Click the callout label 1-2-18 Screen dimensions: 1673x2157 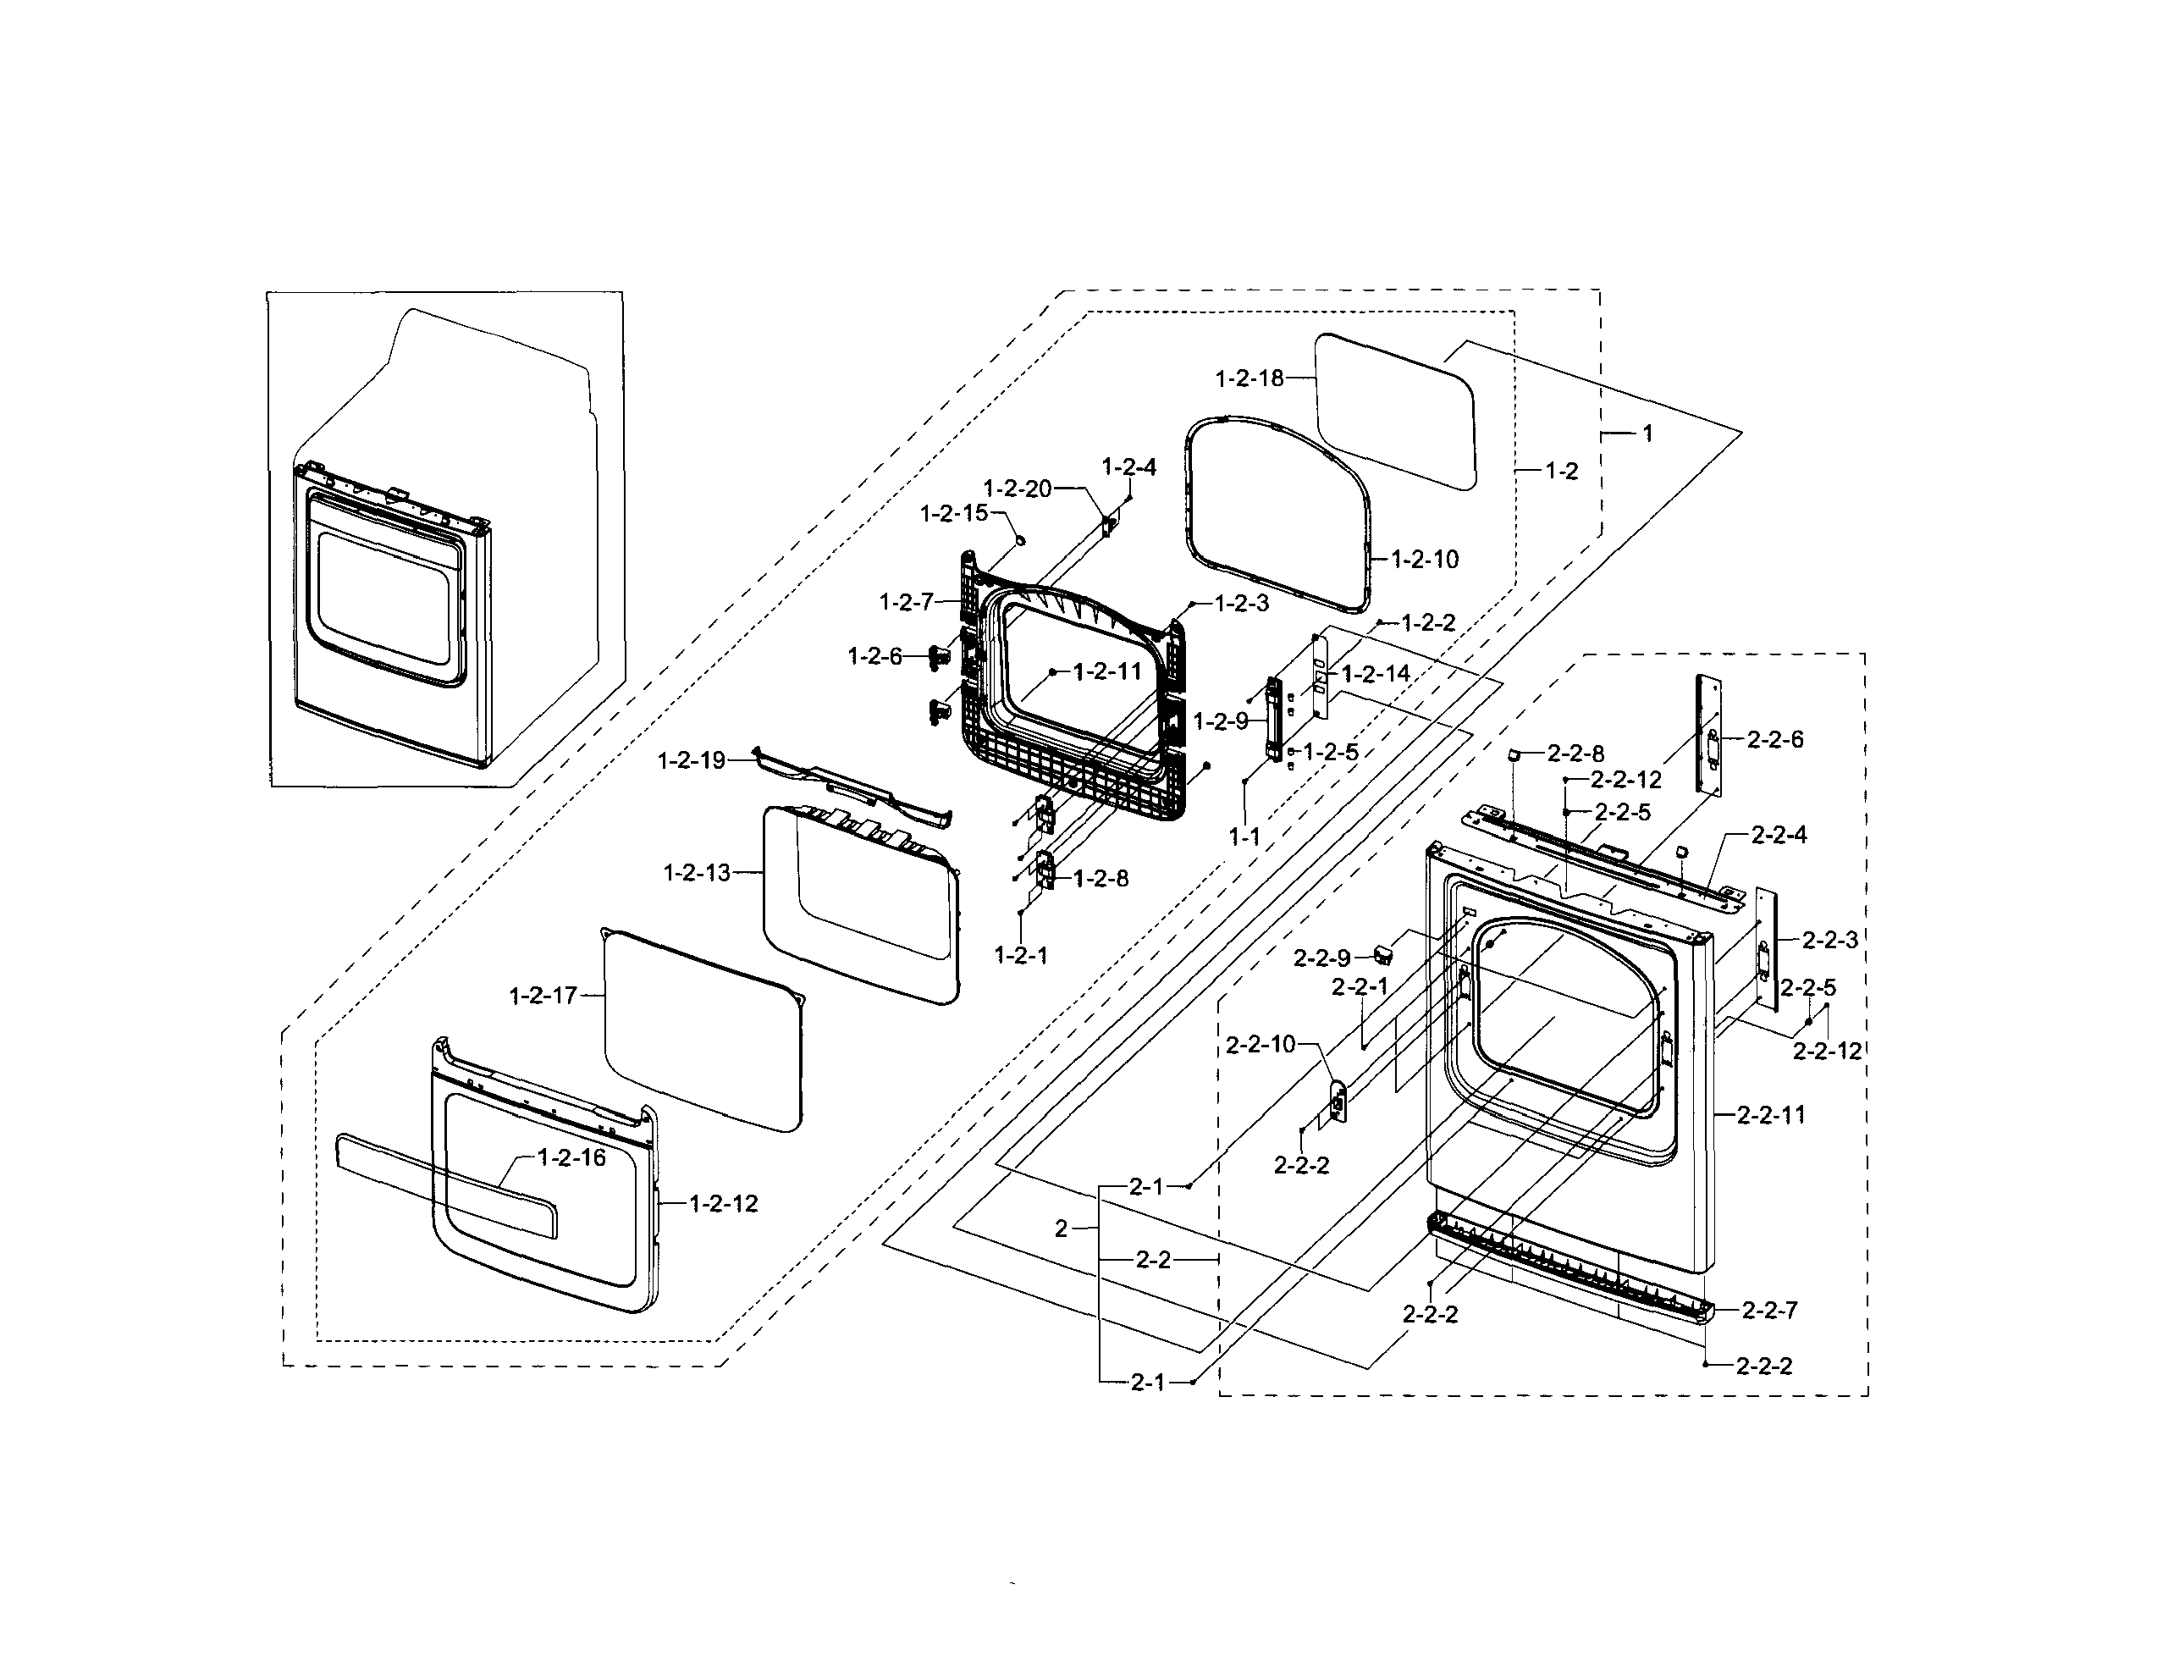click(1249, 378)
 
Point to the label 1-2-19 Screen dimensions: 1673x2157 click(692, 760)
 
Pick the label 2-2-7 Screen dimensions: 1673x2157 click(1769, 1311)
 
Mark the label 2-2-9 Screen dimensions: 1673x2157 click(1321, 958)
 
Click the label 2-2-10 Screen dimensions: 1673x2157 click(1260, 1045)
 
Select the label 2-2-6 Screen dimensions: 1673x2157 click(1774, 740)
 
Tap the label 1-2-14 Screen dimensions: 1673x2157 click(1376, 675)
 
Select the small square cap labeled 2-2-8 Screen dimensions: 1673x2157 click(1511, 754)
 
